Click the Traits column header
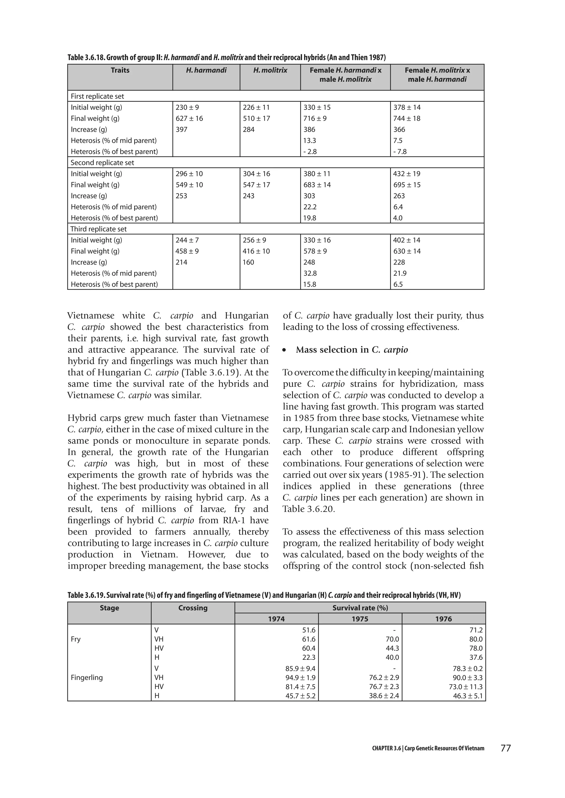click(x=120, y=71)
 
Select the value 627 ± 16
click(x=189, y=118)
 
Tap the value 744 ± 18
click(x=407, y=118)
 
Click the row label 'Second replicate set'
click(x=102, y=163)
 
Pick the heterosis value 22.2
click(x=310, y=207)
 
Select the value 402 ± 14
click(x=407, y=240)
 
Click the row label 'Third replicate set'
click(x=98, y=229)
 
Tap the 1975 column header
click(x=360, y=619)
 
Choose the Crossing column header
click(x=193, y=608)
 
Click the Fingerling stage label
click(x=87, y=677)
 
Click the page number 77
click(x=505, y=748)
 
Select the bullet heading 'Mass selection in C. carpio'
click(x=352, y=350)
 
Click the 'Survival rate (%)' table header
click(x=360, y=608)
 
